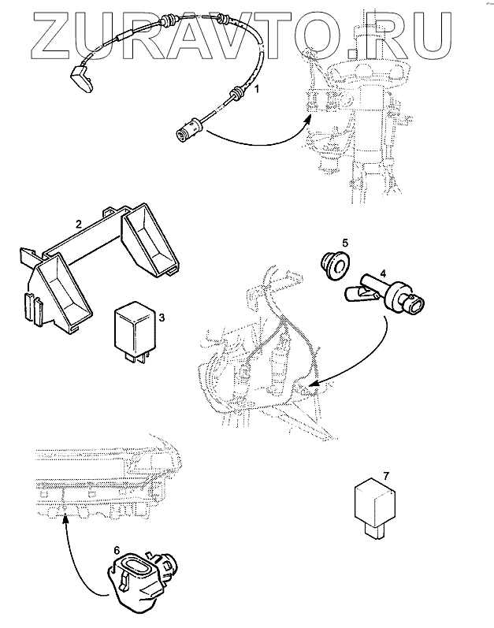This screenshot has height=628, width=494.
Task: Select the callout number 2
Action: click(77, 224)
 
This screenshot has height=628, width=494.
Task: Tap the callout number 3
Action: click(161, 318)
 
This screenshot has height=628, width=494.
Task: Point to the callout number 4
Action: click(382, 273)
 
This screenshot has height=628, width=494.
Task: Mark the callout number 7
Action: click(386, 475)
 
